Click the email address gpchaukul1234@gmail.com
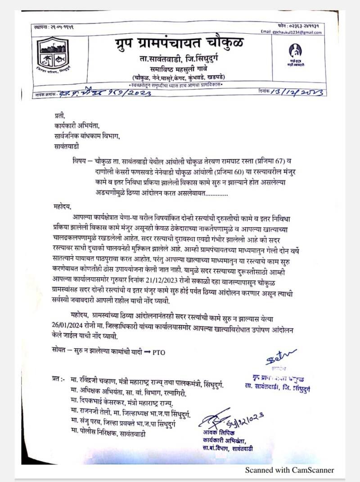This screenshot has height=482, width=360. coord(291,32)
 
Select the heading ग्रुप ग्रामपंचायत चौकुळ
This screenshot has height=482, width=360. coord(179,45)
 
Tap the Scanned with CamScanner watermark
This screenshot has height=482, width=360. coord(289,470)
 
